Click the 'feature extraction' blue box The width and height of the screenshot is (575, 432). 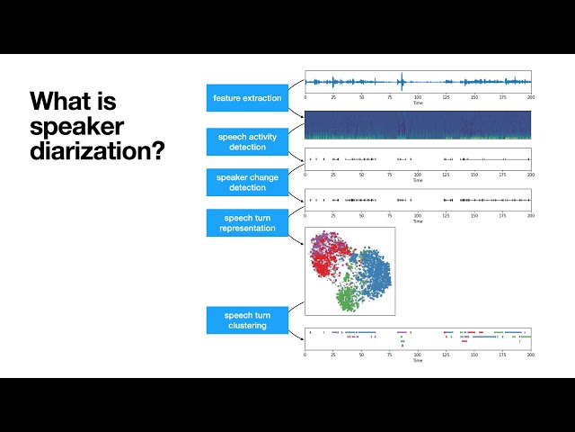247,97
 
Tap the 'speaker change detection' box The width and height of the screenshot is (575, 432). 247,182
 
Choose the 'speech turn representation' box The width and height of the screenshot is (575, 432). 247,223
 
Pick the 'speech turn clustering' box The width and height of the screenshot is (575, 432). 247,320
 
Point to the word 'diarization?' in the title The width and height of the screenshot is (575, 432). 97,150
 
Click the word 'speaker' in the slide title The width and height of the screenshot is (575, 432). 76,125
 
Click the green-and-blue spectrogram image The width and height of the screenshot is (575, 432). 418,125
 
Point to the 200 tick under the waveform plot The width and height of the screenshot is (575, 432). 530,97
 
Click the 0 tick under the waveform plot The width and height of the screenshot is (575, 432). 305,97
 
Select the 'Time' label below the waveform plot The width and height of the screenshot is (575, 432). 418,103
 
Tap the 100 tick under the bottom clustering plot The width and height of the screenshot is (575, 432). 418,355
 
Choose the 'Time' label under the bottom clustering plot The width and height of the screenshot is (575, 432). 418,361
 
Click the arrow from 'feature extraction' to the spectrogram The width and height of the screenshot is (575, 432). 296,111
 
